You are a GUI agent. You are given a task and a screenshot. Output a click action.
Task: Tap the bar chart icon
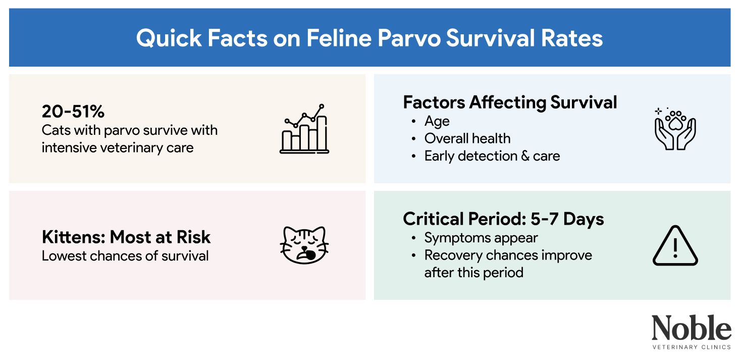pos(304,129)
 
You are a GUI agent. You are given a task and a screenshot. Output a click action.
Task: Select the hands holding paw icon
pos(675,129)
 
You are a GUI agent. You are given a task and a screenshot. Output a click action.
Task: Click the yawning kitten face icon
pos(304,245)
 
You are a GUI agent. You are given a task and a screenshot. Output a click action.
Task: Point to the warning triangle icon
pos(675,246)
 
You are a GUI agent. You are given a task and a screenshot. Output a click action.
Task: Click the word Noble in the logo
pos(691,328)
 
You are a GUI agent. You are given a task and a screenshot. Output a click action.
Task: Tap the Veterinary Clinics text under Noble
pos(691,347)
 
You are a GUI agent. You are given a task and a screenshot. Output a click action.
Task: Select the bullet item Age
pos(437,122)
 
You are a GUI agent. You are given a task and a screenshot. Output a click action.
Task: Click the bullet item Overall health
pos(467,138)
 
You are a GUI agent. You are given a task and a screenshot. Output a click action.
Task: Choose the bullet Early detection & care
pos(492,156)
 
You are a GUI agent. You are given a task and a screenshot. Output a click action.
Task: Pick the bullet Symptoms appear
pos(481,238)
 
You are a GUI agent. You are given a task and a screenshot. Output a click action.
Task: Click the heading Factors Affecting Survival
pos(510,102)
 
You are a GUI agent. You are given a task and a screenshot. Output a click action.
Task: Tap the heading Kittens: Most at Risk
pos(126,237)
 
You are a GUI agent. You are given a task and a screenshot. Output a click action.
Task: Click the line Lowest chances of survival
pos(125,255)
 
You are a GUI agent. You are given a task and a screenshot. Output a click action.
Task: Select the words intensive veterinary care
pos(118,147)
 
